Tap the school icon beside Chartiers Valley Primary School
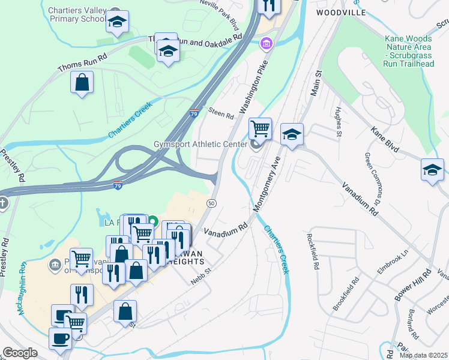click(117, 23)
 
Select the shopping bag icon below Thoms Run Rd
click(82, 83)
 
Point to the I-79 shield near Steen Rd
click(193, 113)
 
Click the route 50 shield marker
click(211, 204)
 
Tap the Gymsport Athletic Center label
click(200, 145)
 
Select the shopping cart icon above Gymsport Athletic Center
click(260, 128)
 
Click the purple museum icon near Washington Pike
click(265, 43)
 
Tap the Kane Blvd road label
click(385, 139)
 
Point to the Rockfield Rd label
click(313, 251)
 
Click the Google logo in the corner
click(20, 353)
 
